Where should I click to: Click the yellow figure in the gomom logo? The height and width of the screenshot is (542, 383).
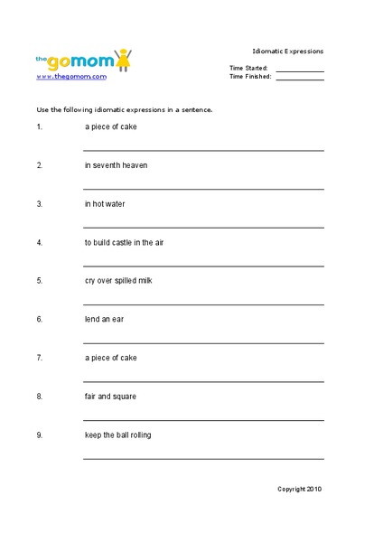(x=124, y=61)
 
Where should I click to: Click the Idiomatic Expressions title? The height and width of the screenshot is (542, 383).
(x=287, y=51)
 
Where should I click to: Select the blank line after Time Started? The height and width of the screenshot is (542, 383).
(x=300, y=70)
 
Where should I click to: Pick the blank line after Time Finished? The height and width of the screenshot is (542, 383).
(x=300, y=79)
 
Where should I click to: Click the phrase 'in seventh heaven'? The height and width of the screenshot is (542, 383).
(x=116, y=165)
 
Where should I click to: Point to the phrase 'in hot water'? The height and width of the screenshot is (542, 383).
(x=105, y=204)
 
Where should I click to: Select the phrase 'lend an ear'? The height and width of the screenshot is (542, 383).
(x=104, y=319)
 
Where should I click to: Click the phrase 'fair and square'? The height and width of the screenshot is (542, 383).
(x=110, y=397)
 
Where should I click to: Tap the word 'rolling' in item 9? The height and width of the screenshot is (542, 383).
(x=140, y=435)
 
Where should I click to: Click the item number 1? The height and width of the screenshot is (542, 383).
(x=39, y=127)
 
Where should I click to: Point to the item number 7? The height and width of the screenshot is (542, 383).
(x=39, y=358)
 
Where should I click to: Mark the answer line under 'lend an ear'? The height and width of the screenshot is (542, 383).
(x=203, y=343)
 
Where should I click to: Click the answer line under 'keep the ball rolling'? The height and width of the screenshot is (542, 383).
(x=203, y=459)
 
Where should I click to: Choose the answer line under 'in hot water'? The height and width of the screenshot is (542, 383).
(x=203, y=228)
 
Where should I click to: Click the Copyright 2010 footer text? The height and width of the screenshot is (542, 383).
(x=299, y=489)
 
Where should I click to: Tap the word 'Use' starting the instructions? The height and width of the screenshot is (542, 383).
(x=42, y=108)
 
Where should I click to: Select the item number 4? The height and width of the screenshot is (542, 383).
(x=39, y=242)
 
